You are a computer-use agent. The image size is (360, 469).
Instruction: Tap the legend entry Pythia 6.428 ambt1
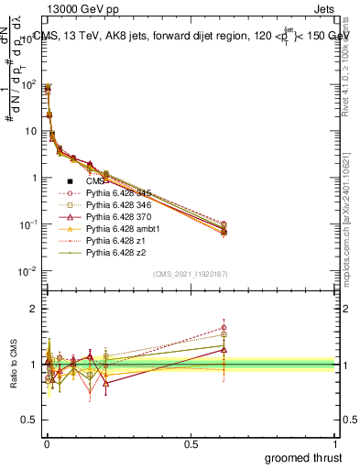point(118,232)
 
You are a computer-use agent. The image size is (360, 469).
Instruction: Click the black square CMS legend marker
point(70,181)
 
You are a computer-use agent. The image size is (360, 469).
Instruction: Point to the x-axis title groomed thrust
point(304,457)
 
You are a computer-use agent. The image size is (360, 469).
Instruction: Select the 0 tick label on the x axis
point(46,443)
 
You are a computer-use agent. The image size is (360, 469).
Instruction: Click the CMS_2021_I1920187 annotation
point(191,274)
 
